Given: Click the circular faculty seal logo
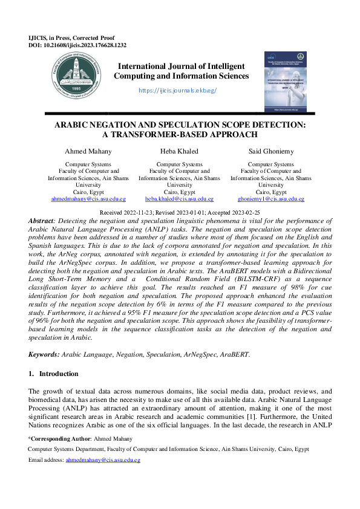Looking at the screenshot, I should coord(77,75).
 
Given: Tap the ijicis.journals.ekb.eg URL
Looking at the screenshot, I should coord(177,90).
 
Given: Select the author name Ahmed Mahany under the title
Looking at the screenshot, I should coord(88,151).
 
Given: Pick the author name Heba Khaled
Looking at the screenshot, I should coord(180,151).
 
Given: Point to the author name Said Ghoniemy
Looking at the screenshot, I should coord(270,151).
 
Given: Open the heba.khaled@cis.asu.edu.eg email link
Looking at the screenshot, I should coord(180,199).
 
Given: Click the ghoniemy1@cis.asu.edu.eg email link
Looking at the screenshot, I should coord(270,199).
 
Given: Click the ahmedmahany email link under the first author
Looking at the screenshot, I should coord(88,199).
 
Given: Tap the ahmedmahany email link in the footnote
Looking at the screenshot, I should coord(103,460).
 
